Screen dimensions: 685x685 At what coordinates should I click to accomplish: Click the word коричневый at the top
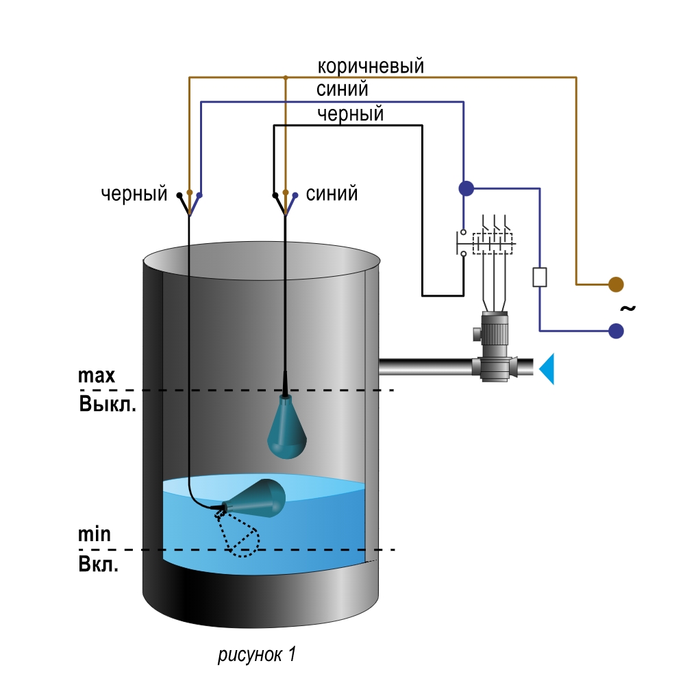[371, 66]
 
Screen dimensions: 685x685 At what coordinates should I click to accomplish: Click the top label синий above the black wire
[342, 90]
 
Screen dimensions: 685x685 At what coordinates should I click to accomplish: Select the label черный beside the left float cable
[134, 194]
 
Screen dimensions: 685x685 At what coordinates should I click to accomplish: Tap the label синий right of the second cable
[332, 194]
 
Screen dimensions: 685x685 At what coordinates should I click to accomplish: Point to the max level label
[97, 375]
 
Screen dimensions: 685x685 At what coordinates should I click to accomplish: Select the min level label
[95, 534]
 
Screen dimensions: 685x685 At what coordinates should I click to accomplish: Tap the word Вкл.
[98, 564]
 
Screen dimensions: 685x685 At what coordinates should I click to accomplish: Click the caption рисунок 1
[257, 654]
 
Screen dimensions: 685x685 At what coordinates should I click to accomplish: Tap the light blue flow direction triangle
[547, 369]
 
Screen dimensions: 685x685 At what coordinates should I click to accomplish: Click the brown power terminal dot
[616, 284]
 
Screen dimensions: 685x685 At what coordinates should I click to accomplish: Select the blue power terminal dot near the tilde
[616, 331]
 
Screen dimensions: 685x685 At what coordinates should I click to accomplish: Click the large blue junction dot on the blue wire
[466, 188]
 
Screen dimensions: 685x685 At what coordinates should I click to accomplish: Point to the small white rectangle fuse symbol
[540, 277]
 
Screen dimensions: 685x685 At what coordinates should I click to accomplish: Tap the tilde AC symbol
[627, 308]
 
